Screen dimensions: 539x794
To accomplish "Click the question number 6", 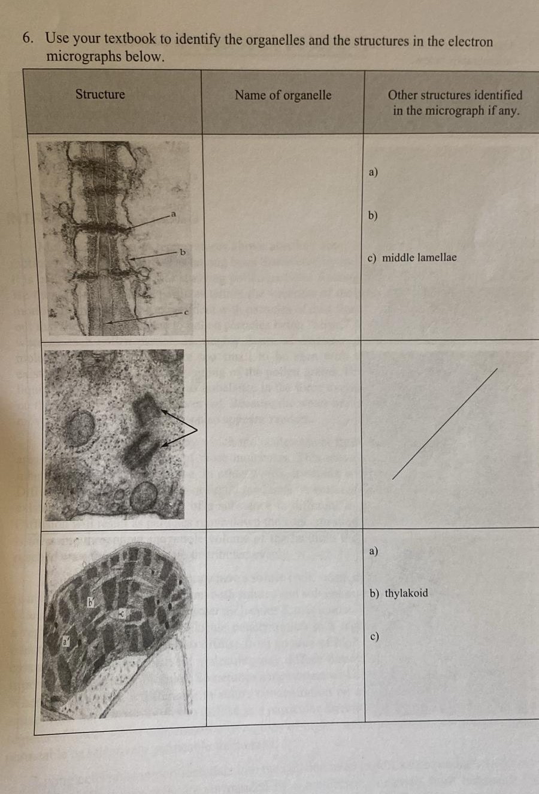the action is (x=28, y=38).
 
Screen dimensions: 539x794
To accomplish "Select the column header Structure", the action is (x=100, y=95).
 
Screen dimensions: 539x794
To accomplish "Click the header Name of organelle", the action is (x=283, y=95).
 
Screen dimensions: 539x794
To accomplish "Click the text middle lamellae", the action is (x=419, y=258).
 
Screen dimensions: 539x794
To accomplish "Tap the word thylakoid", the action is (x=406, y=594).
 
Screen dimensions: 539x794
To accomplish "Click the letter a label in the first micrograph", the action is (x=174, y=214).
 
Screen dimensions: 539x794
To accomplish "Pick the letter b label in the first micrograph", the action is (x=183, y=252).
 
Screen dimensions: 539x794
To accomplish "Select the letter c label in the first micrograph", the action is (x=186, y=312).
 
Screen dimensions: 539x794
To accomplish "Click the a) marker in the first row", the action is (x=373, y=172).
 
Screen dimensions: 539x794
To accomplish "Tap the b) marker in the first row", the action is (x=373, y=215).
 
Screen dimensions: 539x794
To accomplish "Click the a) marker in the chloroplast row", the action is (x=373, y=551).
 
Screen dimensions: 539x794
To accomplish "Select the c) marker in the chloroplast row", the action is (x=374, y=637).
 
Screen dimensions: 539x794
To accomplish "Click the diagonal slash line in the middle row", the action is (x=444, y=424).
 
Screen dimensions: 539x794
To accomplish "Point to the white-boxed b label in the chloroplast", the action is (x=92, y=603).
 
